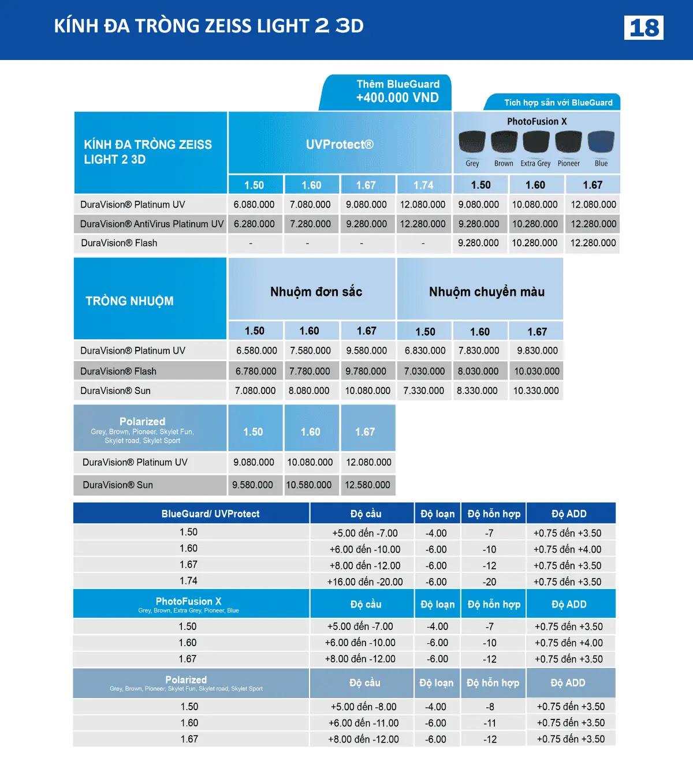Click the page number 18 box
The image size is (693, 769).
[x=643, y=28]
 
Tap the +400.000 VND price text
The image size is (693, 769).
[x=397, y=97]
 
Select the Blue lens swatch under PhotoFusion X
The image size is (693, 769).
[x=601, y=142]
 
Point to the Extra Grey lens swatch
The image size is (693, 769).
[x=536, y=142]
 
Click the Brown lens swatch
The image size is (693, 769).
[x=504, y=142]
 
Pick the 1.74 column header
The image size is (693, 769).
[x=423, y=185]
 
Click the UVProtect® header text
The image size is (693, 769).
[x=340, y=144]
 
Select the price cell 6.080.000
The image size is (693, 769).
[x=254, y=204]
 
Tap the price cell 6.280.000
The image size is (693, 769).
[x=254, y=224]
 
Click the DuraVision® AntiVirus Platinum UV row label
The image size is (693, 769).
[x=151, y=224]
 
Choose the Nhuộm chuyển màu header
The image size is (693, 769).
[x=486, y=292]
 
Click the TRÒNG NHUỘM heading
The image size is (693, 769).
[x=129, y=301]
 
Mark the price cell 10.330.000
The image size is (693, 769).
[x=536, y=391]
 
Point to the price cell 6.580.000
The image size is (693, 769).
[x=256, y=350]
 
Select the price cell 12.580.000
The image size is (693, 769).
[x=367, y=485]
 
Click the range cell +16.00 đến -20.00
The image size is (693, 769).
[x=365, y=582]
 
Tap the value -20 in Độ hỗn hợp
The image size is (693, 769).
[x=490, y=582]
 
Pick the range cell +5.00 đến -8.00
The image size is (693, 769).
[x=363, y=707]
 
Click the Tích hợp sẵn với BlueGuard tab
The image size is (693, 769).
[x=558, y=103]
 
